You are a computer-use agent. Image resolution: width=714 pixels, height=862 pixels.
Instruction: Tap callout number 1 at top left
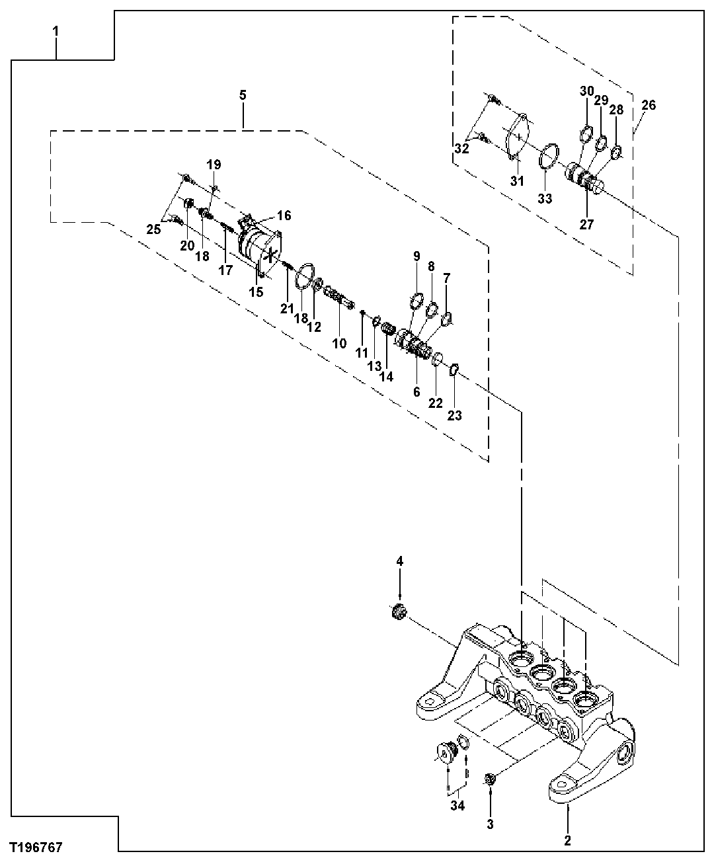pyautogui.click(x=56, y=31)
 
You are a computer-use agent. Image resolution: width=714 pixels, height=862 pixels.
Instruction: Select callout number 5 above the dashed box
pyautogui.click(x=243, y=95)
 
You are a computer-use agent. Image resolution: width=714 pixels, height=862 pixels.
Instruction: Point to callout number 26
pyautogui.click(x=649, y=104)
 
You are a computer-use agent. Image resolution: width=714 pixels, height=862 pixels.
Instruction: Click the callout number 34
pyautogui.click(x=457, y=805)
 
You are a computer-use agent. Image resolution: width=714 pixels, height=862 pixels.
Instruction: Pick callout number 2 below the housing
pyautogui.click(x=567, y=841)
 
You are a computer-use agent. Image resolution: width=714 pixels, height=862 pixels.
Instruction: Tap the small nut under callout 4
pyautogui.click(x=398, y=611)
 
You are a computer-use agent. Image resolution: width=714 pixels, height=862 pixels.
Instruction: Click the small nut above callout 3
pyautogui.click(x=491, y=779)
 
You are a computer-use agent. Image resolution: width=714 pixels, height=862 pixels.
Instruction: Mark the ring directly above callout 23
pyautogui.click(x=454, y=370)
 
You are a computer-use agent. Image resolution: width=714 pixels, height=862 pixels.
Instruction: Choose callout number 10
pyautogui.click(x=339, y=343)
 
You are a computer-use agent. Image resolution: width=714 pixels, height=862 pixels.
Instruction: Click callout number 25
pyautogui.click(x=153, y=229)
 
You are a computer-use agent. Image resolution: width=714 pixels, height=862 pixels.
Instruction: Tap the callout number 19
pyautogui.click(x=214, y=164)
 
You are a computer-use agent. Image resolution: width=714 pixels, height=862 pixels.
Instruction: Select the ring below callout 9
pyautogui.click(x=415, y=303)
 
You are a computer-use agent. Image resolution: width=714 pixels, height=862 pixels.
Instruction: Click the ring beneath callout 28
pyautogui.click(x=615, y=153)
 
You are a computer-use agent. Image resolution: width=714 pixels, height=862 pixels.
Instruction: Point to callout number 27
pyautogui.click(x=586, y=223)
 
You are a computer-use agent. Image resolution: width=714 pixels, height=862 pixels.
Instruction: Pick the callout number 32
pyautogui.click(x=461, y=149)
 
